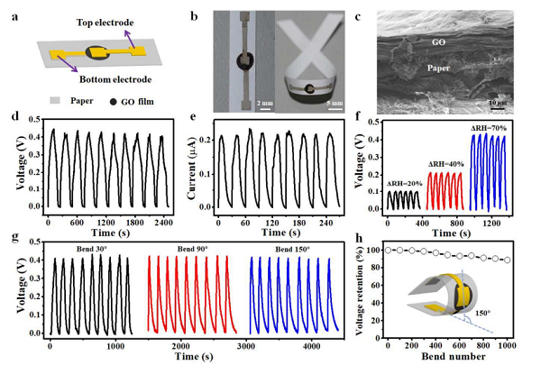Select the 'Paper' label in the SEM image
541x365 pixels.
point(431,65)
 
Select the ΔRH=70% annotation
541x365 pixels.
point(495,132)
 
